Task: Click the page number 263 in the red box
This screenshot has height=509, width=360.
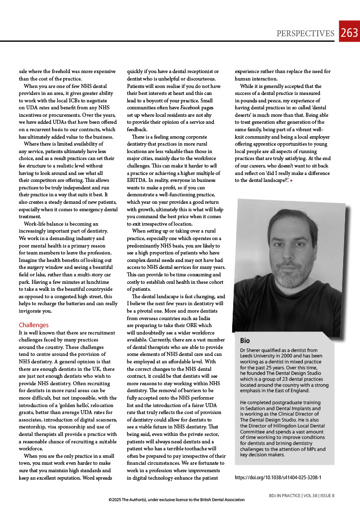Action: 350,33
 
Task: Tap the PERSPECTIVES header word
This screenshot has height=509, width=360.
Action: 305,33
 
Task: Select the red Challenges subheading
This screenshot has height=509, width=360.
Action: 33,325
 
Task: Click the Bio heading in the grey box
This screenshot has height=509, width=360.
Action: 245,340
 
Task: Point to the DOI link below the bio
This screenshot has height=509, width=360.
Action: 277,477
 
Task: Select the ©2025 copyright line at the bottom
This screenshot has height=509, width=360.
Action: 177,500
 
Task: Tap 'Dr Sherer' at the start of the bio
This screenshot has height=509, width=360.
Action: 252,350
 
